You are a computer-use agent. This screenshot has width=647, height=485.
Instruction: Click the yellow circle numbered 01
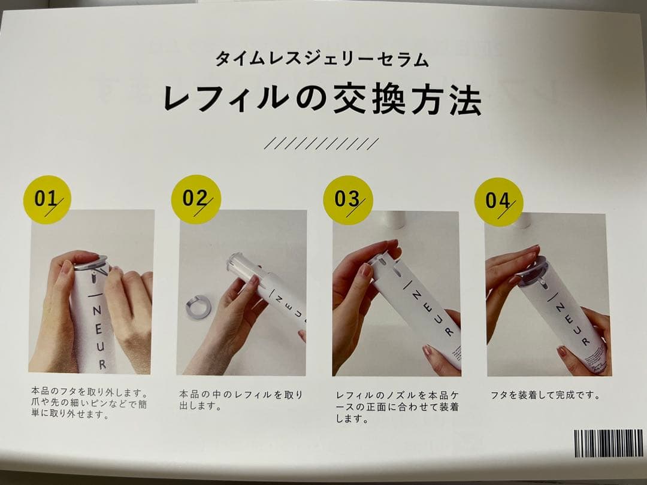coord(47,199)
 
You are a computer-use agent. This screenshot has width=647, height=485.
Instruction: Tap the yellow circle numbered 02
coord(195,199)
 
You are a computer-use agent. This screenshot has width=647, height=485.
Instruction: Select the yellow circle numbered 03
coord(348,200)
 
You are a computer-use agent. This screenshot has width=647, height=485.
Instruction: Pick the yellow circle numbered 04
coord(498,201)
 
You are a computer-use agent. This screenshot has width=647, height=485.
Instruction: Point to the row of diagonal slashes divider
coord(322,144)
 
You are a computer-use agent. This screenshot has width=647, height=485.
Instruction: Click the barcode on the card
coord(608,444)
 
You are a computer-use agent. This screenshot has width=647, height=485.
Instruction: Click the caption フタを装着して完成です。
coord(545,395)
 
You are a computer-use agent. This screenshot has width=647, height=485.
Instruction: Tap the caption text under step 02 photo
coord(241,400)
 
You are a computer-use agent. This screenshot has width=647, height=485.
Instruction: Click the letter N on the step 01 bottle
coord(97,307)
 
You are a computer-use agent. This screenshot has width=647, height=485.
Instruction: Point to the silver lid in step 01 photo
coord(91,262)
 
